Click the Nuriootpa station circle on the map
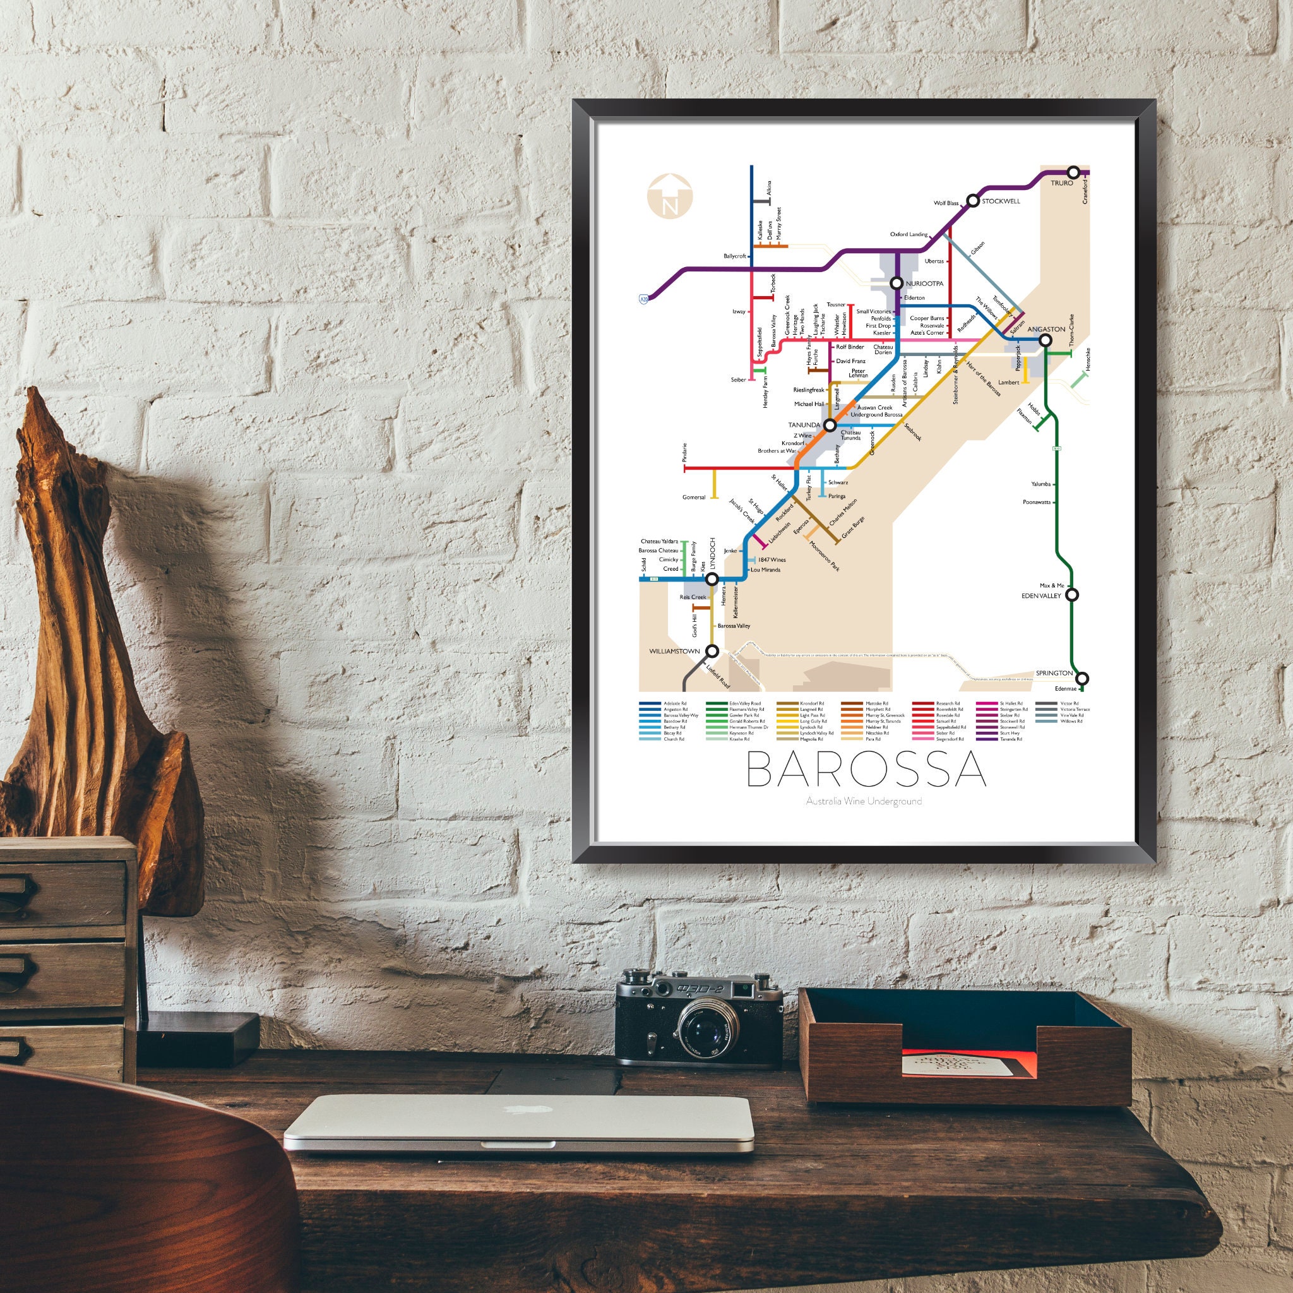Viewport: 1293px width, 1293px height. [x=897, y=283]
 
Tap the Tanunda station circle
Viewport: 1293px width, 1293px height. [x=830, y=425]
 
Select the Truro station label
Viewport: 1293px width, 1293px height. [x=1061, y=182]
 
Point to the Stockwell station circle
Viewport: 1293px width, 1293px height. [x=972, y=201]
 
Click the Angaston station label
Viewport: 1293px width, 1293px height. [x=1046, y=330]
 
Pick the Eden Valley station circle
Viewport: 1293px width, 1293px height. [x=1071, y=595]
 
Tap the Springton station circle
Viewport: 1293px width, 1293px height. [x=1082, y=679]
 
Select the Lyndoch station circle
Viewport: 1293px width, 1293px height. [x=713, y=579]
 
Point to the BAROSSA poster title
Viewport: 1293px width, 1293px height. [x=866, y=770]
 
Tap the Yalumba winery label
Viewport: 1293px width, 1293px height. [x=1040, y=483]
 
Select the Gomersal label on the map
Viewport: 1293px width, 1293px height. [x=693, y=498]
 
